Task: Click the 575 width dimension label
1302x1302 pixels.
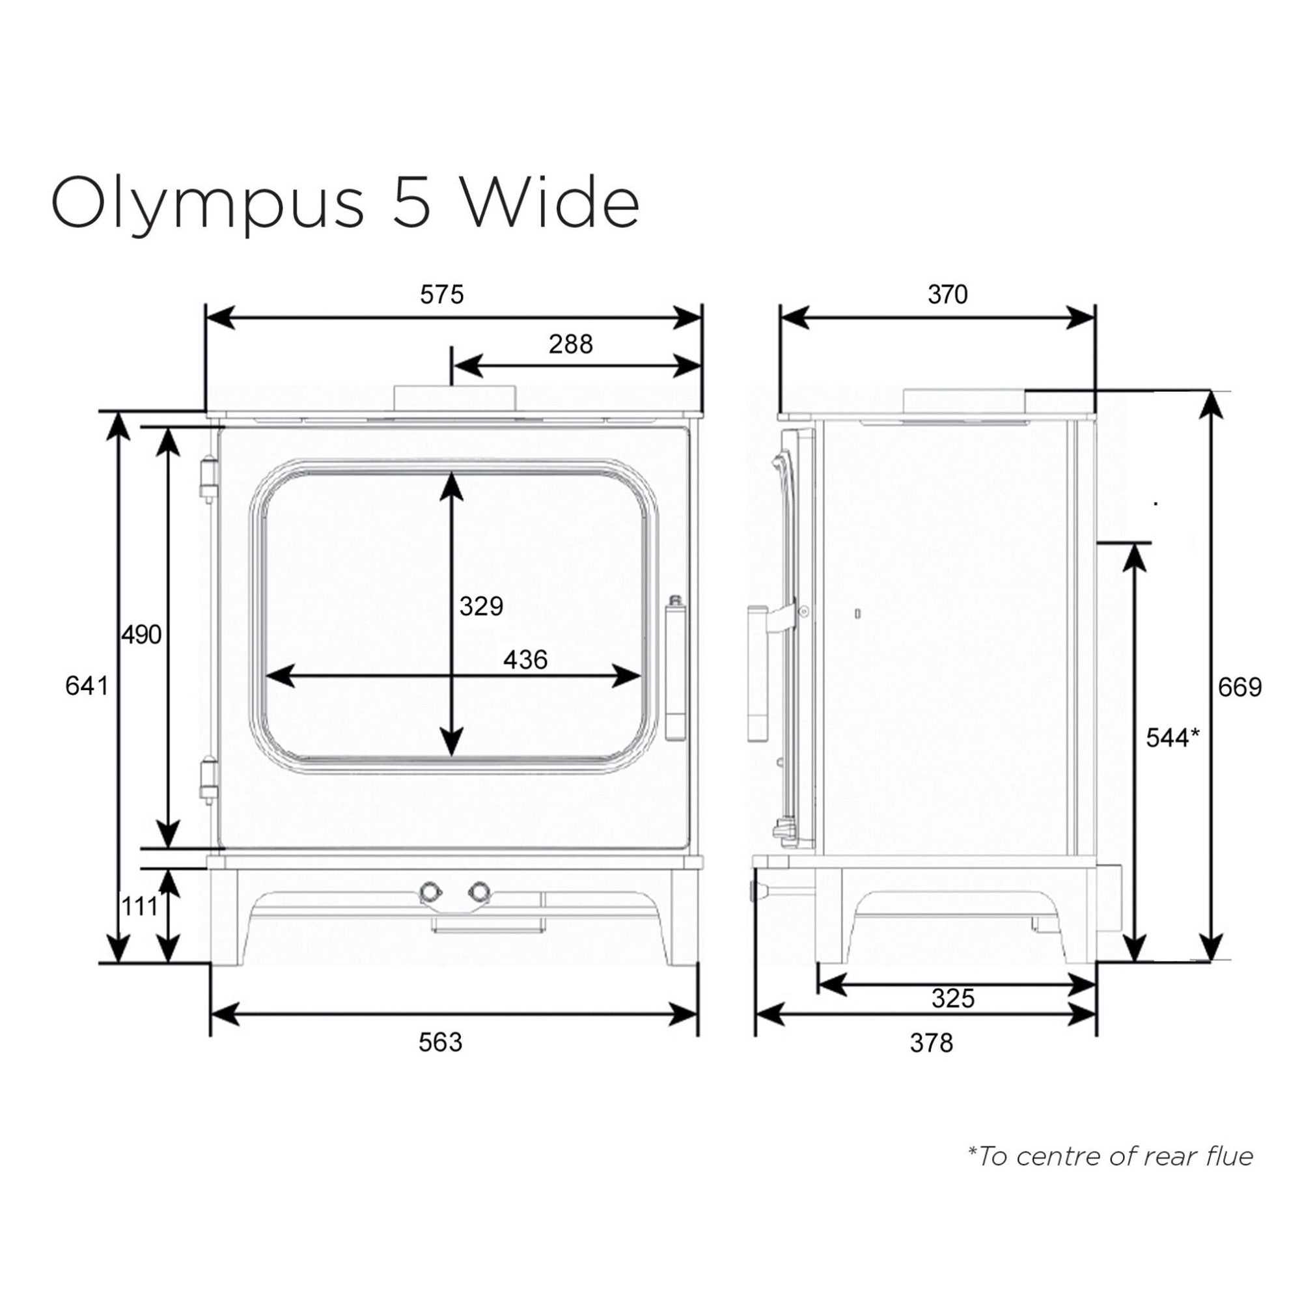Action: coord(442,295)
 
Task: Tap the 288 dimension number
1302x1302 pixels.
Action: coord(570,344)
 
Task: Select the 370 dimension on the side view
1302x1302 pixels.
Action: coord(947,294)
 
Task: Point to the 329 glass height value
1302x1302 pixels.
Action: coord(481,607)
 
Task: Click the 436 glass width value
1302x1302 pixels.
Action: coord(525,659)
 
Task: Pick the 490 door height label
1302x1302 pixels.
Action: coord(141,635)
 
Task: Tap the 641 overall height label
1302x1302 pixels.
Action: coord(87,686)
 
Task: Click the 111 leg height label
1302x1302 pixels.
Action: coord(139,907)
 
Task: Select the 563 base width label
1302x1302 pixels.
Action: coord(440,1042)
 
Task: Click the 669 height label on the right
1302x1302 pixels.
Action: coord(1240,687)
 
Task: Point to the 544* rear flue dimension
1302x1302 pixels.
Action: coord(1172,739)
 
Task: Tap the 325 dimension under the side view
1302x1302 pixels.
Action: coord(953,998)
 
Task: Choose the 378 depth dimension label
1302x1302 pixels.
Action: coord(932,1043)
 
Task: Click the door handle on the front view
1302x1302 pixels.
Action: coord(674,667)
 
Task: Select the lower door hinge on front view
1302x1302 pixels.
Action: coord(210,779)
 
